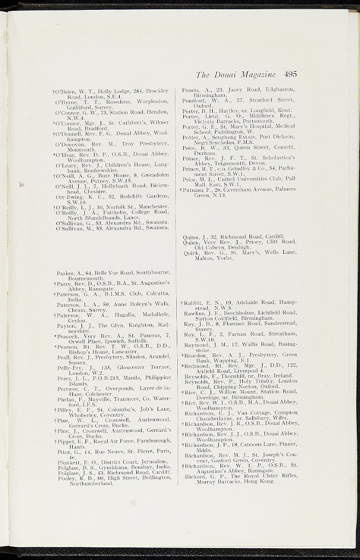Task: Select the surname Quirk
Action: pos(190,252)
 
